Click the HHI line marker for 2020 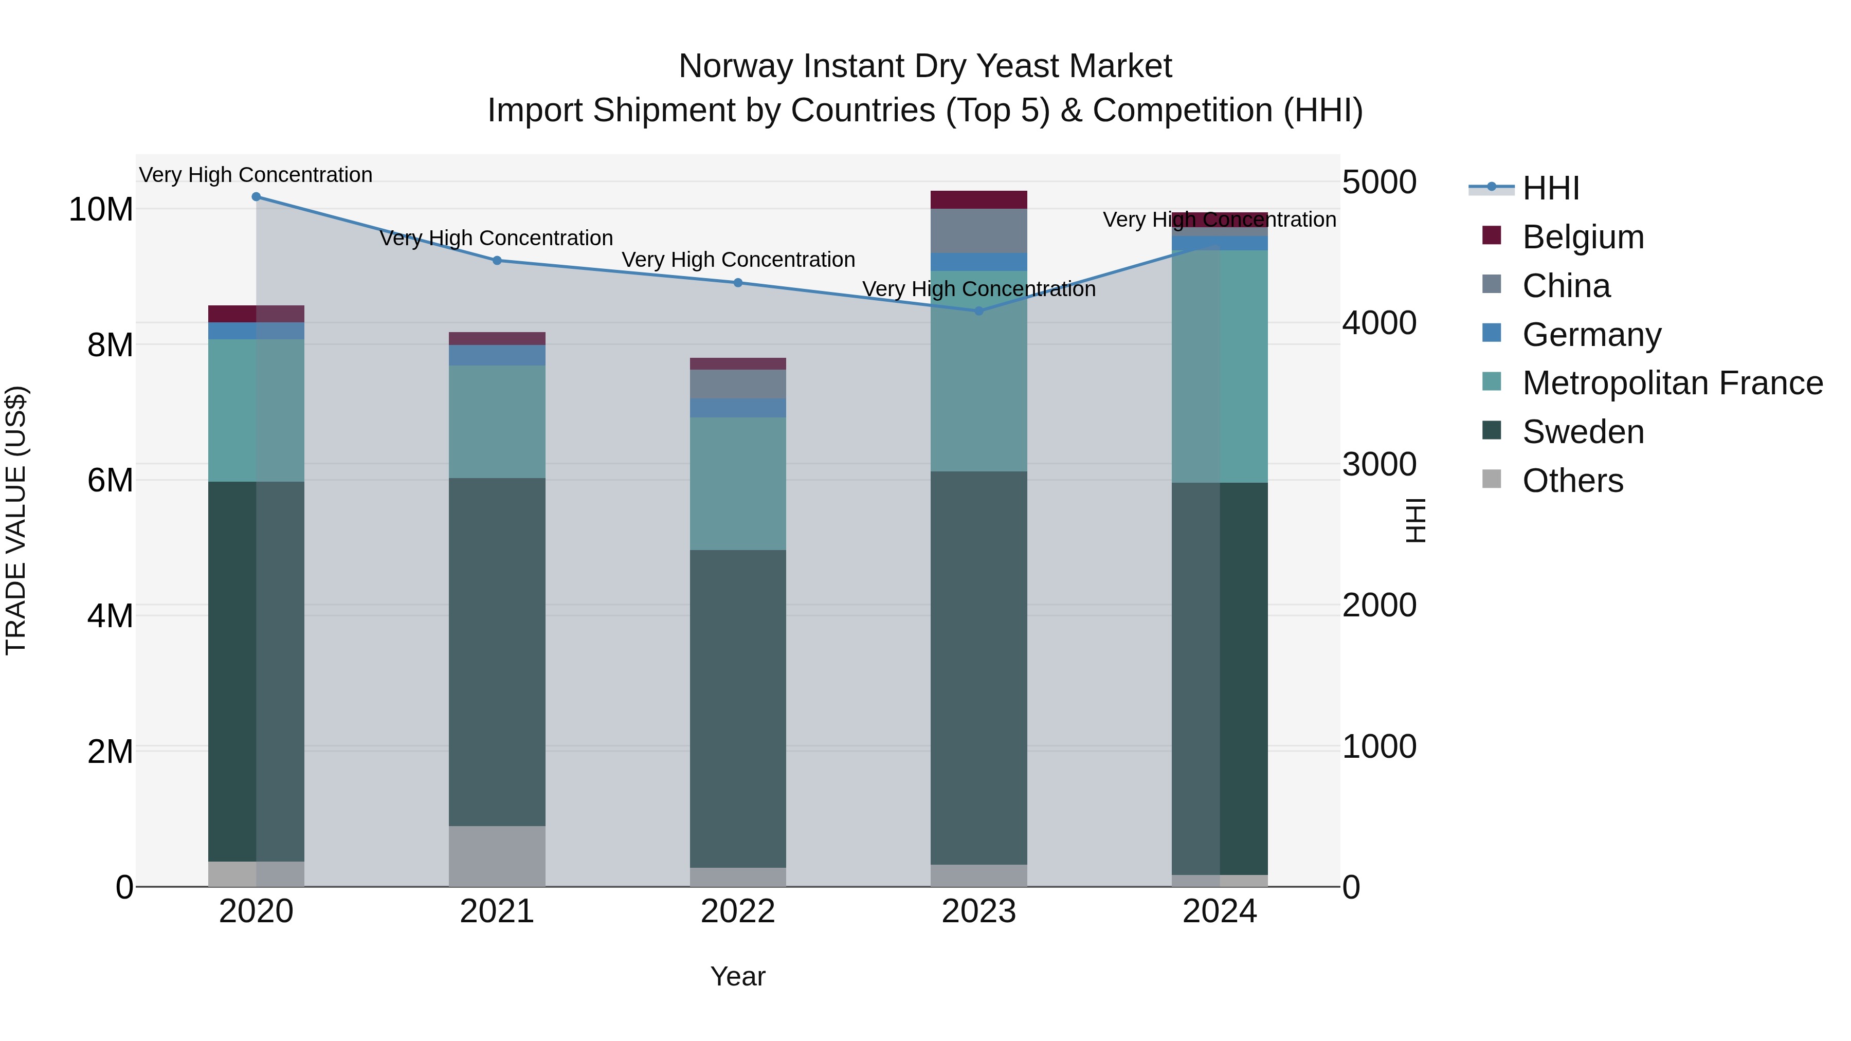click(x=256, y=197)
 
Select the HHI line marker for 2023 click(x=978, y=311)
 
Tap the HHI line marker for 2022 click(x=738, y=283)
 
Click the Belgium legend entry click(x=1582, y=237)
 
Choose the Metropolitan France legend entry click(x=1672, y=383)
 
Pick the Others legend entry click(x=1572, y=481)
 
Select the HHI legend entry click(x=1551, y=188)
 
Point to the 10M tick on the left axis click(x=101, y=210)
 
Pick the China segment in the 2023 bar click(x=978, y=231)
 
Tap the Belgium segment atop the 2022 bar click(x=738, y=363)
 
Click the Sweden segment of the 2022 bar click(x=738, y=708)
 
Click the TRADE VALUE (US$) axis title click(x=16, y=520)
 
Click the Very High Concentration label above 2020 click(x=256, y=175)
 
